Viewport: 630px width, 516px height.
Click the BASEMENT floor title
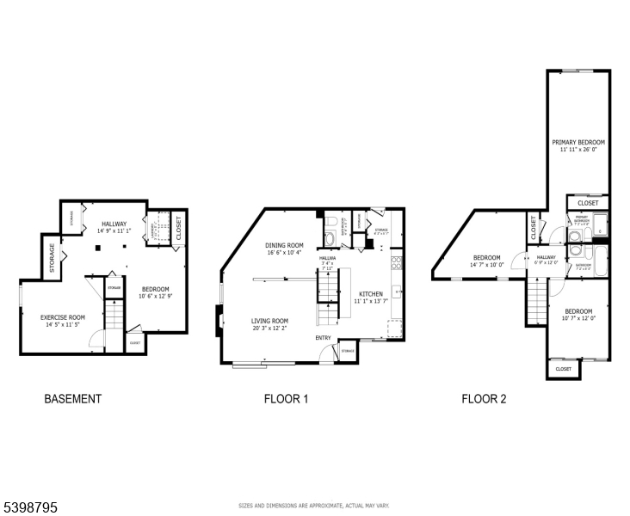click(73, 399)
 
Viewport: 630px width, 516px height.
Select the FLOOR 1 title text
click(286, 399)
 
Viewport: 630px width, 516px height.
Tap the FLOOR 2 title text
click(485, 399)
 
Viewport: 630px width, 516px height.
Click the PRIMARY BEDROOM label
click(578, 142)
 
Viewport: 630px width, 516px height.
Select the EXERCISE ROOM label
click(63, 317)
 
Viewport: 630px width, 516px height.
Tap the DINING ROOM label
click(284, 245)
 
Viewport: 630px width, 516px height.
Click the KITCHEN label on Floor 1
click(371, 293)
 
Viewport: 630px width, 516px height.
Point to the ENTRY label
click(323, 337)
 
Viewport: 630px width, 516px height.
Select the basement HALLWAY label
click(114, 224)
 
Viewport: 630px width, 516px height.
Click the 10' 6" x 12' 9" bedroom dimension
click(155, 297)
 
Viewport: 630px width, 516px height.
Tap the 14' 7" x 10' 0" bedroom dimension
click(486, 265)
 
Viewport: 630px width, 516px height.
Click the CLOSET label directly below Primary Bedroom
click(588, 203)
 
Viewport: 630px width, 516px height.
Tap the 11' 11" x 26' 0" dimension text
click(578, 150)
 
